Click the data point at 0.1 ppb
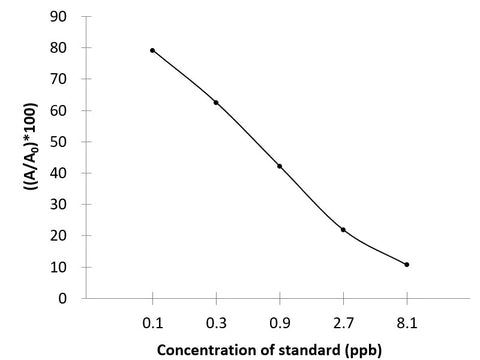pyautogui.click(x=152, y=50)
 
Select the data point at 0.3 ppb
pyautogui.click(x=216, y=102)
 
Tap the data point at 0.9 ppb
pyautogui.click(x=279, y=166)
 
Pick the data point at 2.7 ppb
pyautogui.click(x=343, y=229)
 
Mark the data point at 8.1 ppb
pyautogui.click(x=407, y=264)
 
